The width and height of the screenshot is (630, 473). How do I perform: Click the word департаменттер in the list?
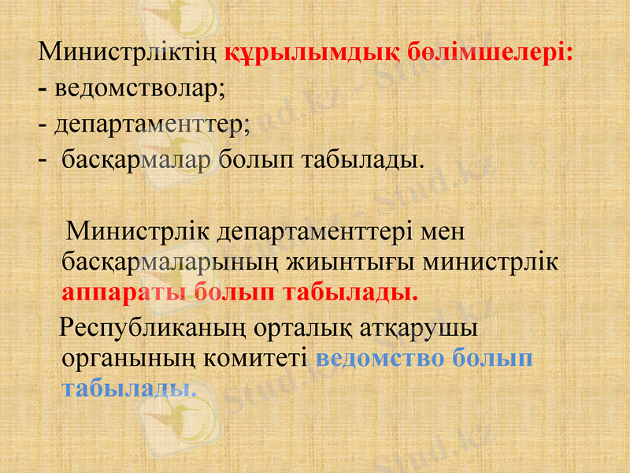point(152,124)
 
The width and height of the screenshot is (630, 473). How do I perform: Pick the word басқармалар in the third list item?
point(137,160)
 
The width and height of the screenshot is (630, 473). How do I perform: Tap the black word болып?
point(255,160)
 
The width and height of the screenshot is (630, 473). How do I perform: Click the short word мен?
point(444,233)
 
